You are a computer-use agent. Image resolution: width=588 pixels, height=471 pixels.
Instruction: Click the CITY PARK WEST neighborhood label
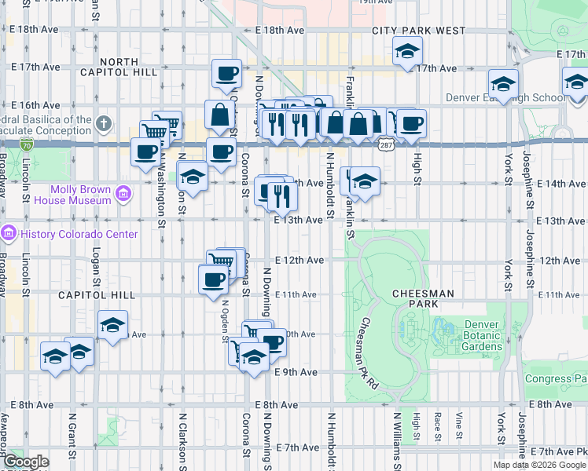(419, 31)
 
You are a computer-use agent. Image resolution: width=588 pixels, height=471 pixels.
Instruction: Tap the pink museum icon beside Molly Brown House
(123, 193)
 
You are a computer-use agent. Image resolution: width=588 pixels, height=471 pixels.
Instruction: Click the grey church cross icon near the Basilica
(104, 122)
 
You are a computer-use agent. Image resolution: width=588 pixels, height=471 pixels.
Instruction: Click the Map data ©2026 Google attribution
(538, 465)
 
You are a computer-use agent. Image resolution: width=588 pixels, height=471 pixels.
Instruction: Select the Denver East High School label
(505, 98)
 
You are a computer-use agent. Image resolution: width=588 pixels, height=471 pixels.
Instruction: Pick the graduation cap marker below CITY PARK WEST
(406, 53)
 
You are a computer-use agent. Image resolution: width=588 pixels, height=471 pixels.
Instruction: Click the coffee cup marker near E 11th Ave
(213, 280)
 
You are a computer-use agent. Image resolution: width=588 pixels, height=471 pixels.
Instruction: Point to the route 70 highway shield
(27, 145)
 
